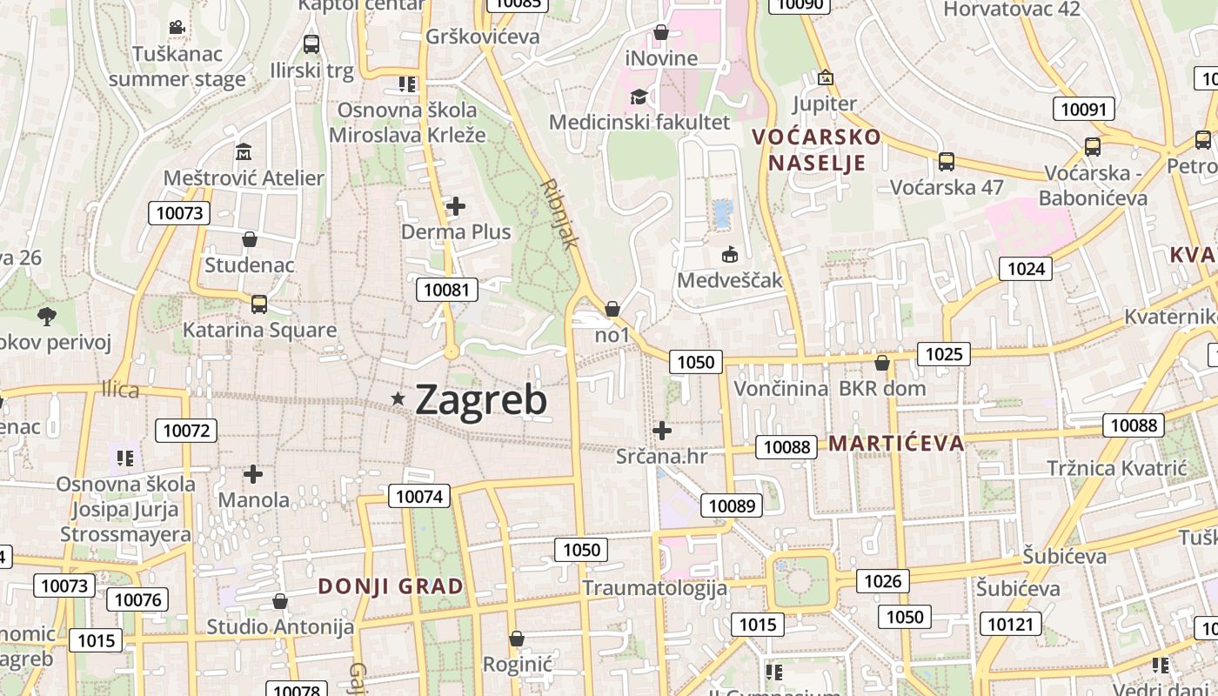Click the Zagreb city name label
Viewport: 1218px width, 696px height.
click(481, 400)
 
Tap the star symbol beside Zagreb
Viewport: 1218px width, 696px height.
click(398, 398)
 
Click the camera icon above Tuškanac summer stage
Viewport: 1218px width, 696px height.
click(177, 28)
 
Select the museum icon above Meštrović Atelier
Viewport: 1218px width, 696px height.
click(244, 152)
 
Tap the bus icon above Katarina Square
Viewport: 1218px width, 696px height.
click(258, 304)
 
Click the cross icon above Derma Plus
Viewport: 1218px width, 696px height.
click(455, 206)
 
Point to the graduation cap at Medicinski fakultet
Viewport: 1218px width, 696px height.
click(639, 97)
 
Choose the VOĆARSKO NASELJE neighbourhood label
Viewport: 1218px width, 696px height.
click(816, 150)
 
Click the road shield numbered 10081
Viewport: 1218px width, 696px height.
click(447, 290)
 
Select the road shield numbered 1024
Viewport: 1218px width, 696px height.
click(1025, 269)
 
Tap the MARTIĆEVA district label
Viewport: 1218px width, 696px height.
click(896, 444)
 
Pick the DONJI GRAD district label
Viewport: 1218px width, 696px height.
click(391, 586)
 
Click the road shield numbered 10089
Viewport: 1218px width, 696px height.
click(733, 505)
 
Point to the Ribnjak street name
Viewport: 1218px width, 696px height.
click(559, 214)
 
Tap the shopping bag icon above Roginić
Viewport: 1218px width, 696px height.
click(517, 639)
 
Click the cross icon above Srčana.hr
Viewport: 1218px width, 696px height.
click(662, 430)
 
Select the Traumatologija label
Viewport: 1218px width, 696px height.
click(654, 588)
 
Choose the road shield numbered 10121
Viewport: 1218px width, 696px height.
click(1010, 624)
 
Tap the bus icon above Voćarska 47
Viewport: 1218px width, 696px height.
click(946, 161)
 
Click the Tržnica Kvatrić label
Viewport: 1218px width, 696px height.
click(1116, 468)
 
